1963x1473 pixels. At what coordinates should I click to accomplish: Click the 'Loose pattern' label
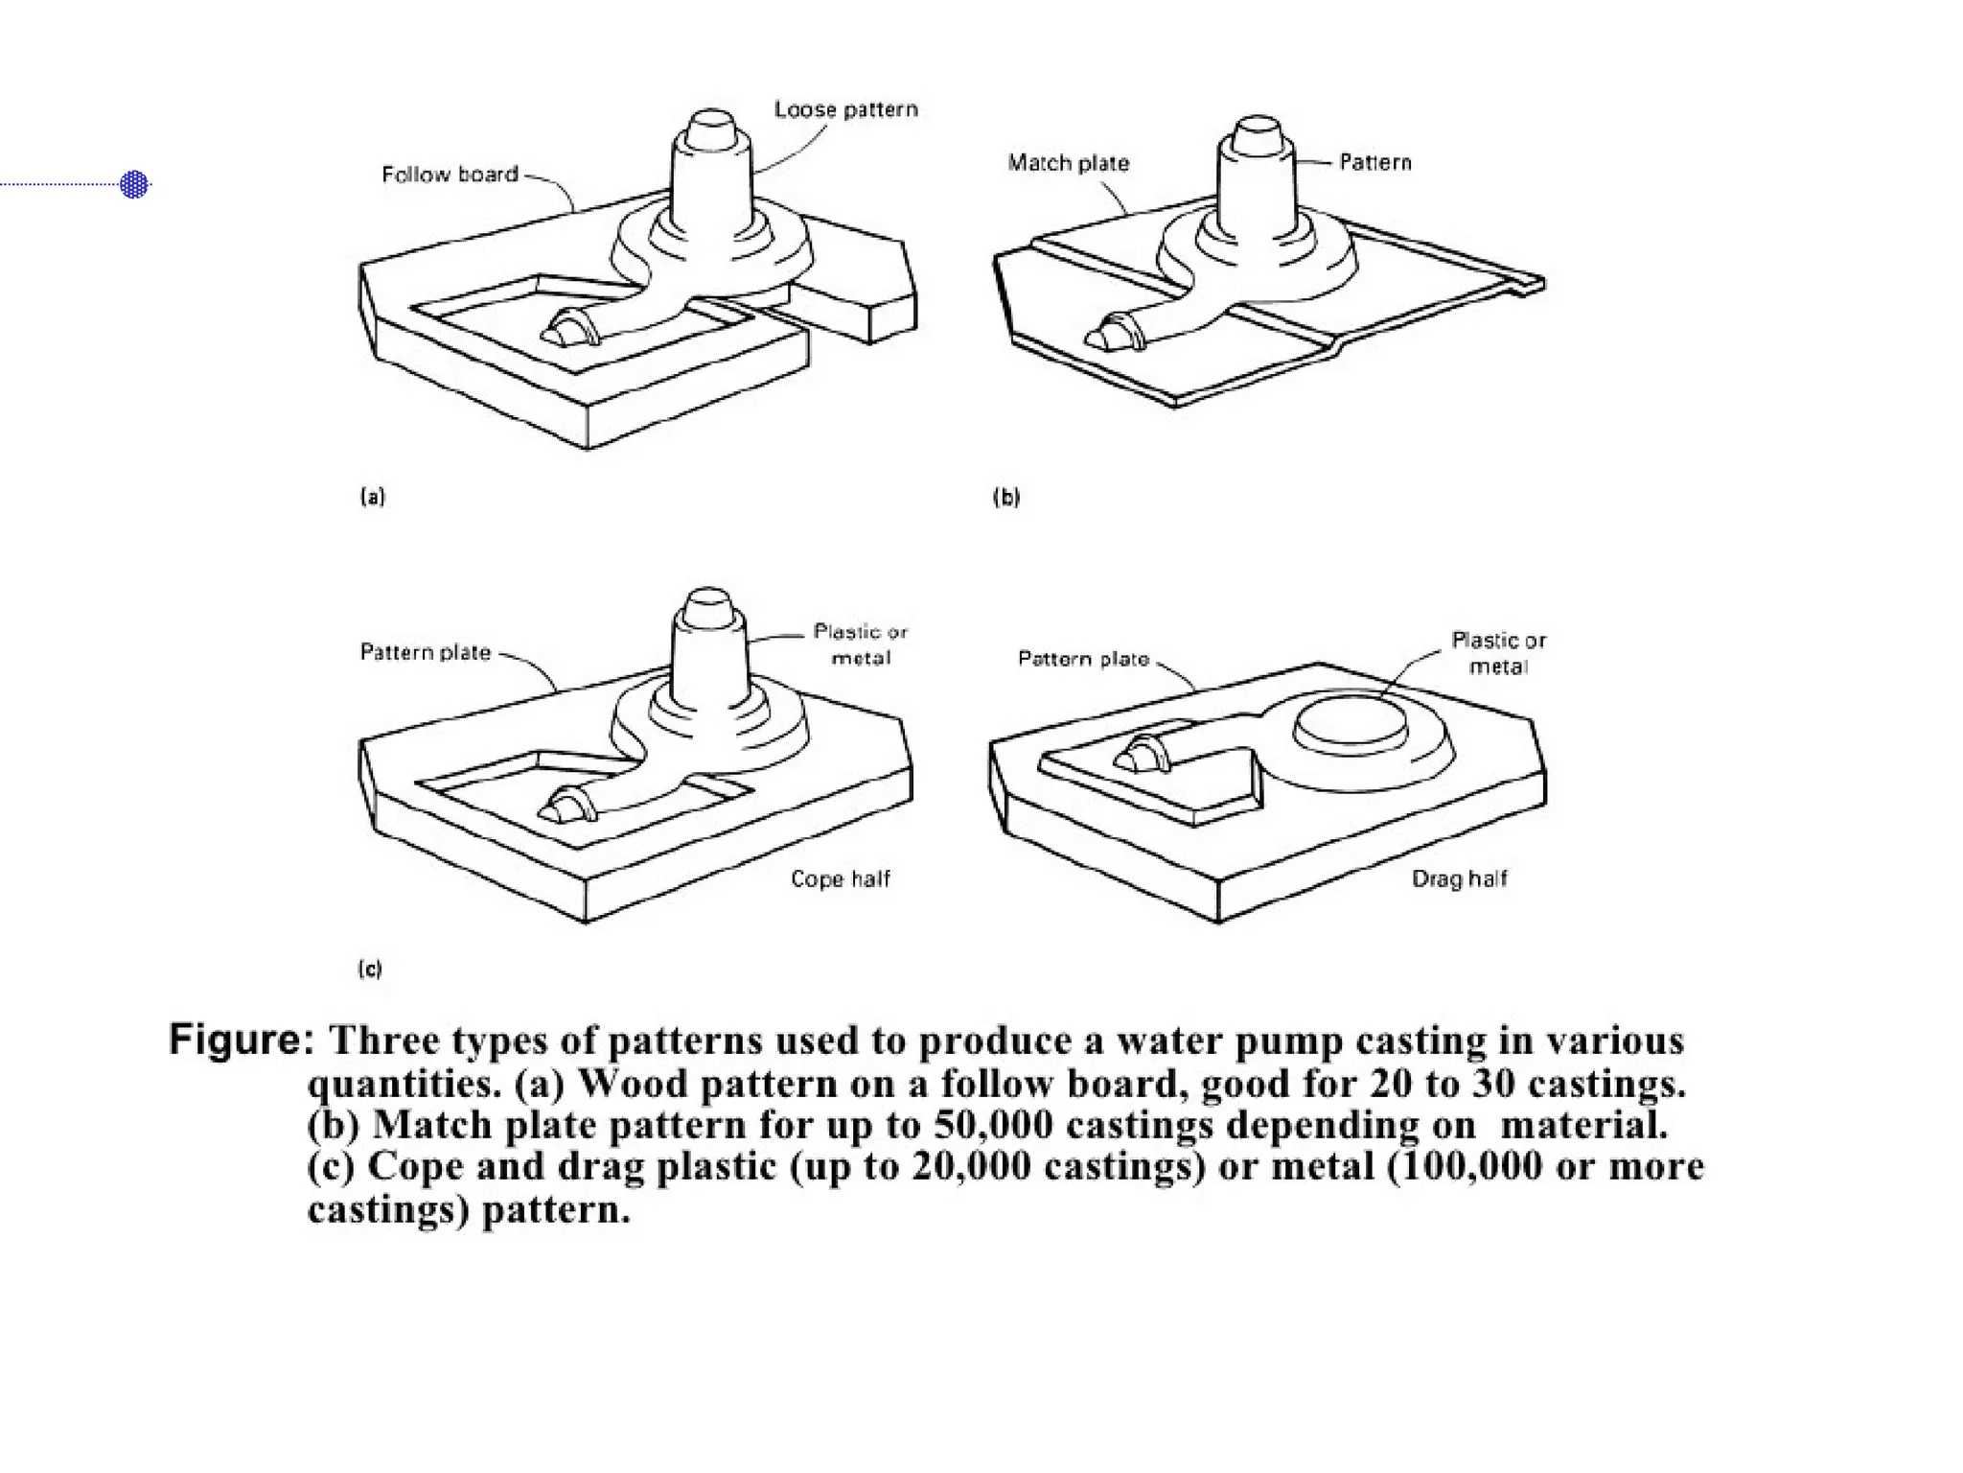(845, 110)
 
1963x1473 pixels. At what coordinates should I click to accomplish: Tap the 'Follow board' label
(450, 175)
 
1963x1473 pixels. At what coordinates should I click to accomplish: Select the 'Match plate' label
(1068, 163)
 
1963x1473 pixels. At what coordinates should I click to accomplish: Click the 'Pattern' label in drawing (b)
(1374, 162)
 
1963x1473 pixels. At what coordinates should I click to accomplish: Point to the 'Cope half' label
(840, 878)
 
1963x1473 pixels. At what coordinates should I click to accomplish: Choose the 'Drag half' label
(1459, 878)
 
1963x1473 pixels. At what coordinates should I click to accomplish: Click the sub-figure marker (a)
(372, 497)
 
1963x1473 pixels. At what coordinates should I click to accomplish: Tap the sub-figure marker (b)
(1005, 497)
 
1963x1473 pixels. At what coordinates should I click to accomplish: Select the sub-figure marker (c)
(370, 969)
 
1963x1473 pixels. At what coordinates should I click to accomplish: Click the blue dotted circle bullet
(134, 184)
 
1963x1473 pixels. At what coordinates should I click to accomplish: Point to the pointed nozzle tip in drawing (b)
(1096, 339)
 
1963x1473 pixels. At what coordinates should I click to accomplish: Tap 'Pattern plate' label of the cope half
(425, 652)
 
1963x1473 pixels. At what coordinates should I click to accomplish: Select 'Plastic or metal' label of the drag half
(1498, 653)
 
